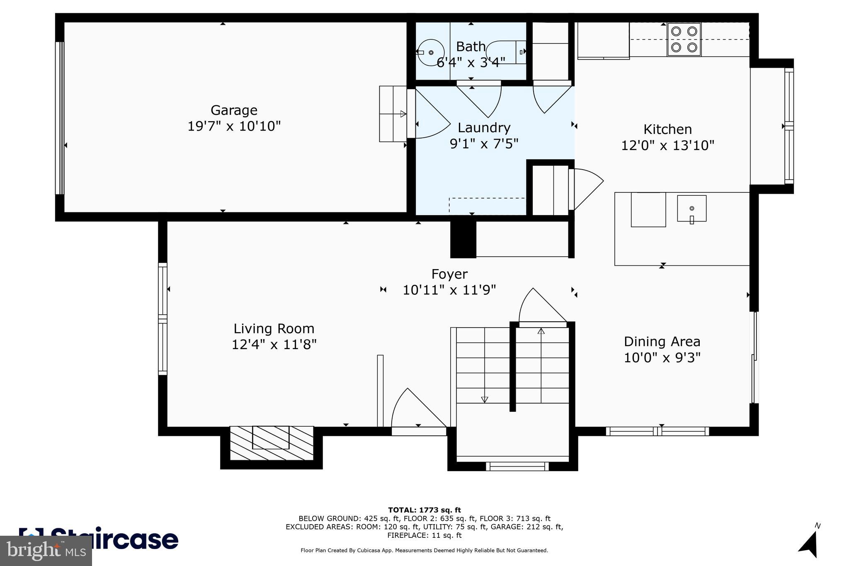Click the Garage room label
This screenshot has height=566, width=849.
point(234,110)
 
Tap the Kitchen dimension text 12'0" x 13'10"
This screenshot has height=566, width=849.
point(667,146)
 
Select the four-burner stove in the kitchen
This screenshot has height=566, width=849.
point(684,39)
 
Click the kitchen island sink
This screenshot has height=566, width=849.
point(691,209)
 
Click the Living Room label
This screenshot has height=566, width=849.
point(274,329)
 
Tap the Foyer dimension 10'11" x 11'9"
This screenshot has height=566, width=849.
point(449,290)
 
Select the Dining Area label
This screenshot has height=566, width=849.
point(662,342)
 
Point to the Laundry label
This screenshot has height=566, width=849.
point(484,128)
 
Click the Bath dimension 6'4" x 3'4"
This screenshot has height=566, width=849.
point(471,63)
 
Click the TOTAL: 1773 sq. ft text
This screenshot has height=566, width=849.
point(424,510)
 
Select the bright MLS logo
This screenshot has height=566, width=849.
point(46,551)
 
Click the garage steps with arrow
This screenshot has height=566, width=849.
point(393,114)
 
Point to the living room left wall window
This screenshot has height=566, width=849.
point(163,319)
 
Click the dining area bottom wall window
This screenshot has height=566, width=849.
point(657,431)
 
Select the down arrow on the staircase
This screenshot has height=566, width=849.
point(484,400)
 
